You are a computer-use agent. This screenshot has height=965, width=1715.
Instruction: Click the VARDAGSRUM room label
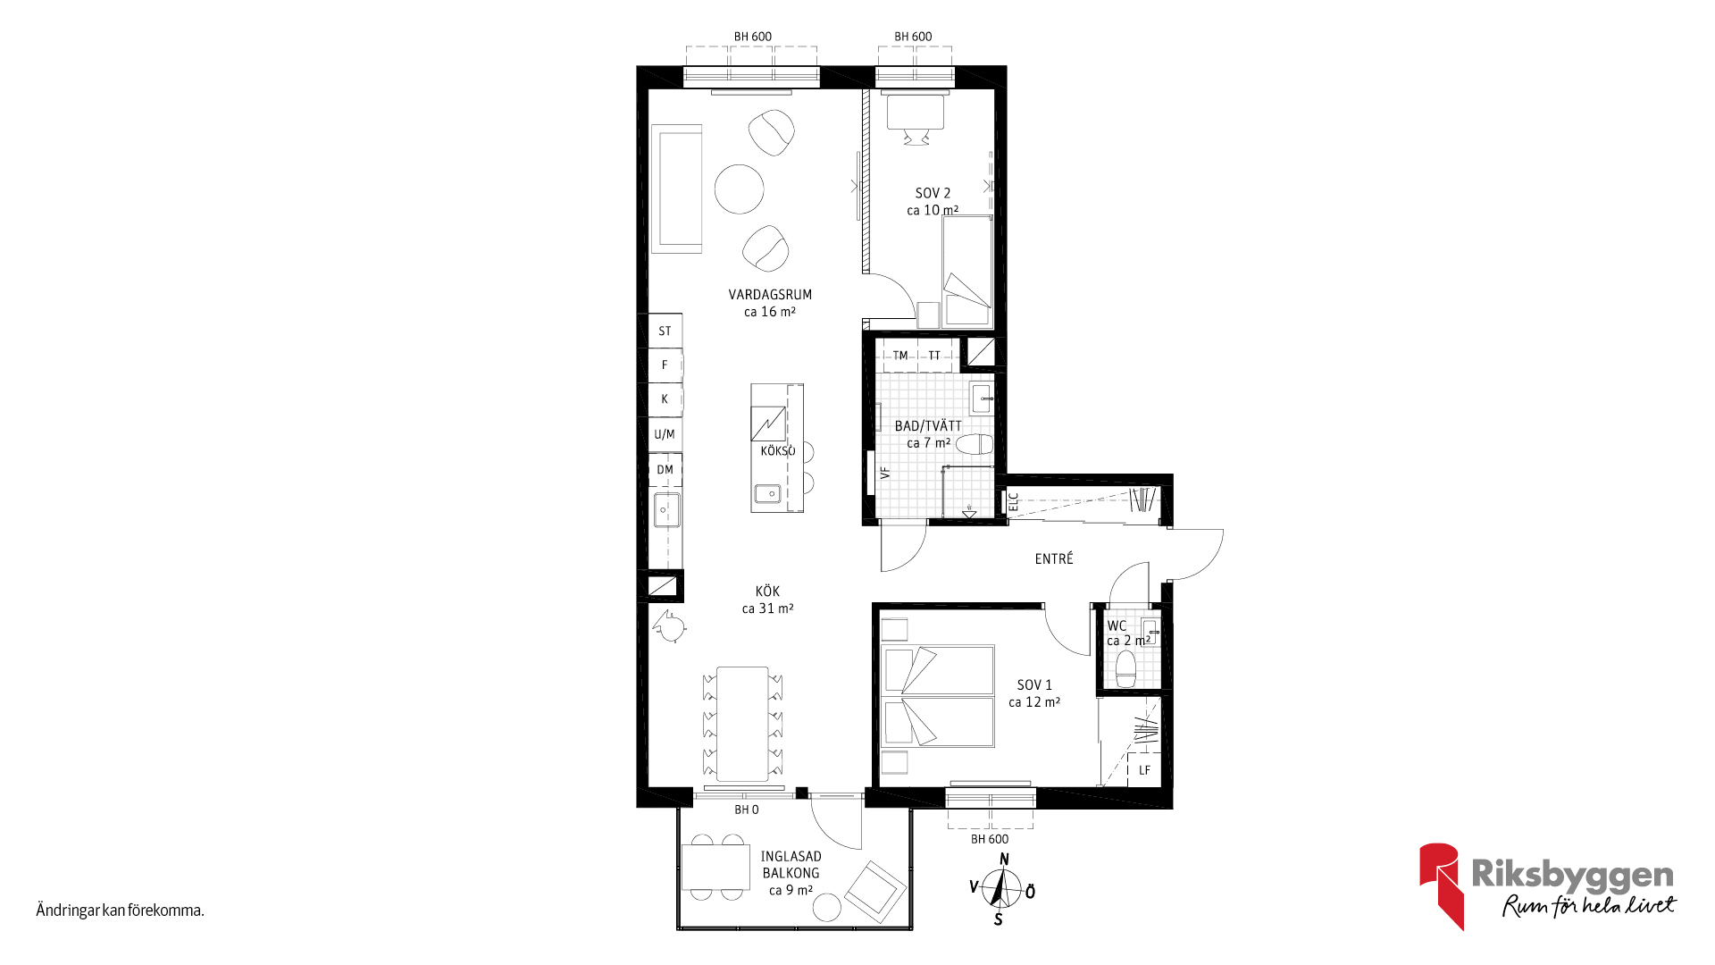tap(770, 295)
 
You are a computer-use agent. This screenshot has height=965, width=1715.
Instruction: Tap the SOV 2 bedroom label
tap(933, 193)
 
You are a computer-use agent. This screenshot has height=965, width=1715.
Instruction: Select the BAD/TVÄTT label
tap(928, 426)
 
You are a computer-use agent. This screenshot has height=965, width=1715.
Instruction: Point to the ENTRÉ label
tap(1054, 558)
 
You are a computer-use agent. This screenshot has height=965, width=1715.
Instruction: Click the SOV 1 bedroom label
tap(1034, 685)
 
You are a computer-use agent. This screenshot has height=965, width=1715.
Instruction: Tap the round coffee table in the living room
tap(740, 189)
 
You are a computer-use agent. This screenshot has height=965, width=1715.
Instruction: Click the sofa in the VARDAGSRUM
tap(676, 189)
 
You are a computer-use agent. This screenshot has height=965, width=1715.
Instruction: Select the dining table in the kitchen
tap(742, 724)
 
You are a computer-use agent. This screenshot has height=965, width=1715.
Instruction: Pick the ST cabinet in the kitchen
tap(665, 331)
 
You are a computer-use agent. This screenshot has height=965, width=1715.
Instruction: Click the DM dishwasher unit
tap(665, 470)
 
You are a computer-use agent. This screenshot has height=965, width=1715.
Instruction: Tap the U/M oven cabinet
tap(665, 434)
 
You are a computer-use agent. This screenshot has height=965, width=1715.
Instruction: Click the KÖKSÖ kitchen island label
tap(778, 451)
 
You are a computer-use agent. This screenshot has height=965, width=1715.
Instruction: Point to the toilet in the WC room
tap(1125, 668)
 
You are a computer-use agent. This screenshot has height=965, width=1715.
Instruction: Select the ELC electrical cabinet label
tap(1014, 502)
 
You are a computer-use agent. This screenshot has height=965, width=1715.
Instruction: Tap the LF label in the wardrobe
tap(1144, 770)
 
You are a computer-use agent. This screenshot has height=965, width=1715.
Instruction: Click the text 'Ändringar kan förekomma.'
tap(121, 910)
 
